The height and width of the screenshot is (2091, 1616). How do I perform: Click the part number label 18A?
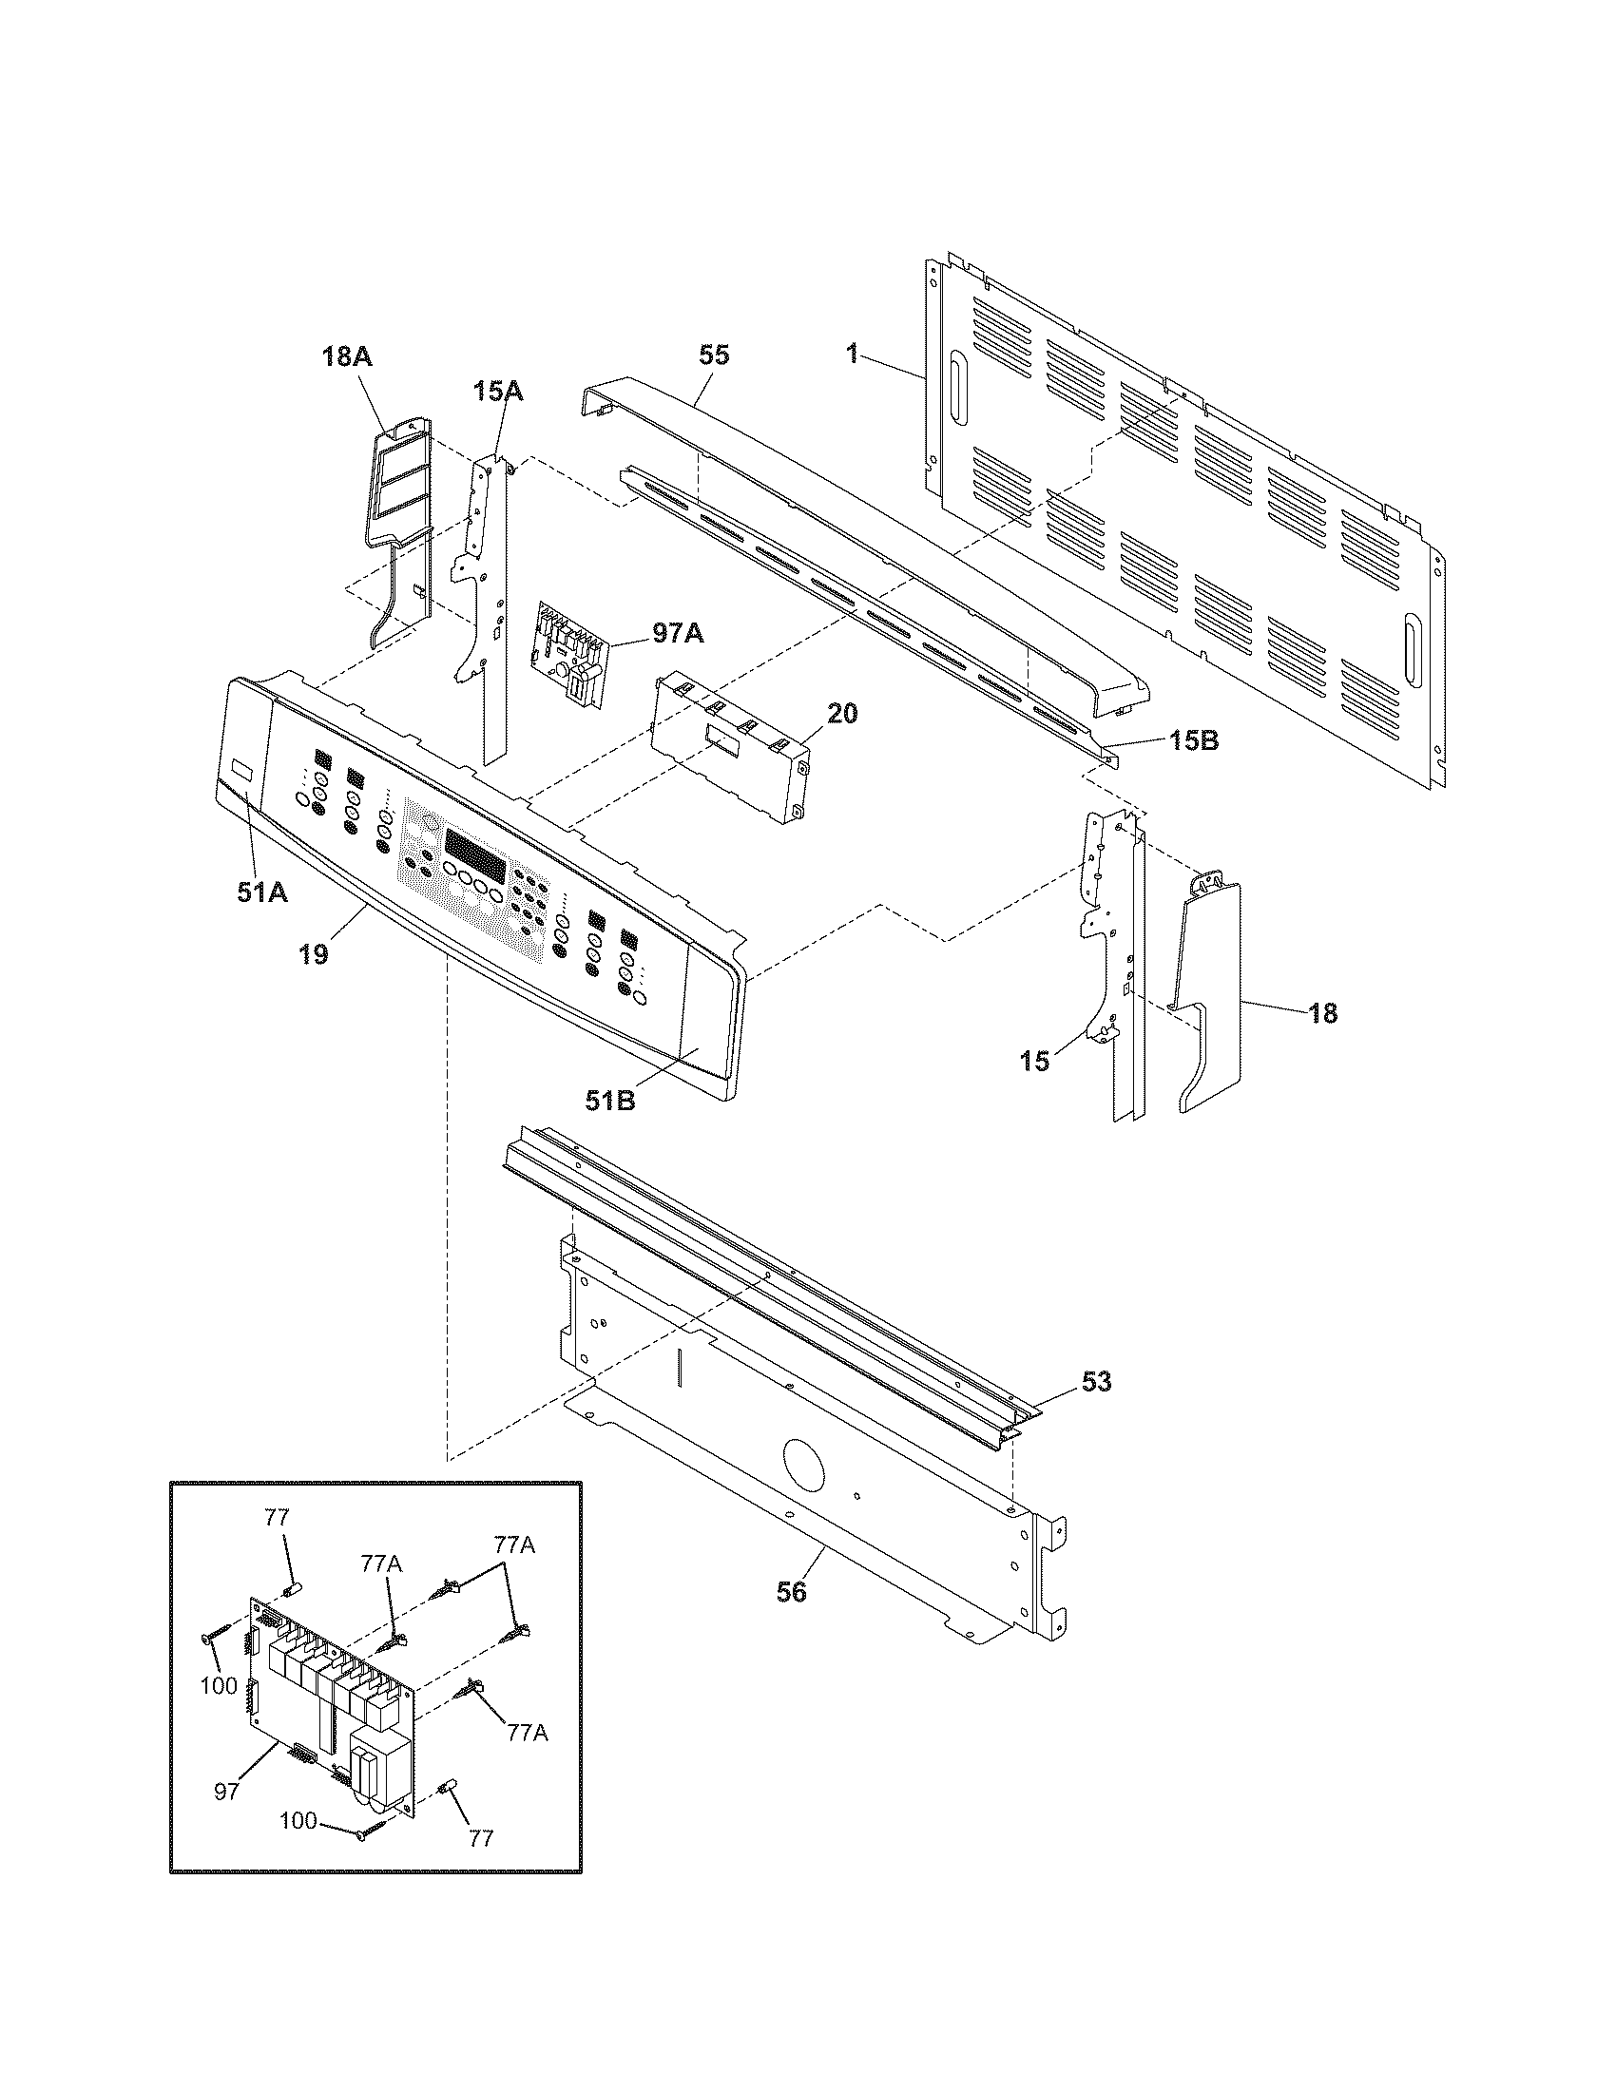[x=346, y=357]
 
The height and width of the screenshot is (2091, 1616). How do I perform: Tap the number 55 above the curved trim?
[x=714, y=355]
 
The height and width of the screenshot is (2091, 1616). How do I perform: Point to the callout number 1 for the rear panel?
[x=851, y=354]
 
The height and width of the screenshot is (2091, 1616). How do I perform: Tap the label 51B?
[x=611, y=1101]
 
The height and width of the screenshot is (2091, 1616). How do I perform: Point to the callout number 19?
[x=313, y=953]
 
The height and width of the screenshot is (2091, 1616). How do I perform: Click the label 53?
[x=1096, y=1382]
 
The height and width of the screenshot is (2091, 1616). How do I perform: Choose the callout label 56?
[x=791, y=1591]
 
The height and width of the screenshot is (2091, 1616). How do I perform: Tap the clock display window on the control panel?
[x=475, y=845]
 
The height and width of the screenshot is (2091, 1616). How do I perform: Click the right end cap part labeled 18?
[x=1208, y=996]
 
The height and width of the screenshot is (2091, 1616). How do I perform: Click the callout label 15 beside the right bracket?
[x=1034, y=1061]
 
